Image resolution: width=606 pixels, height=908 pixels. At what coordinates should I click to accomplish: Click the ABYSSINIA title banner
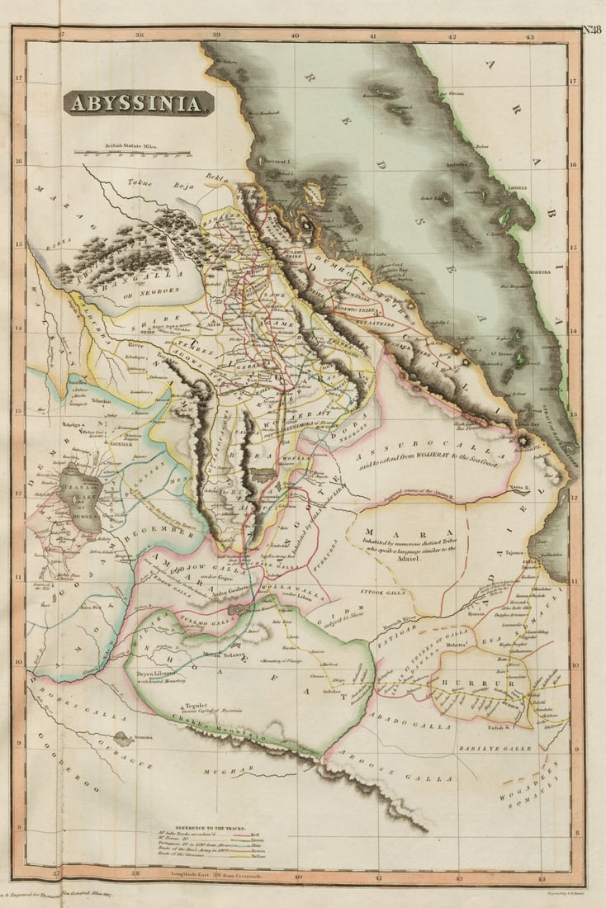[x=138, y=103]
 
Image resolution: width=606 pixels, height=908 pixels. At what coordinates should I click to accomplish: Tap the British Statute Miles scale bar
[x=132, y=152]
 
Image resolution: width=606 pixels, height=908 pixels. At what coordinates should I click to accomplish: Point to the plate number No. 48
[x=591, y=31]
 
